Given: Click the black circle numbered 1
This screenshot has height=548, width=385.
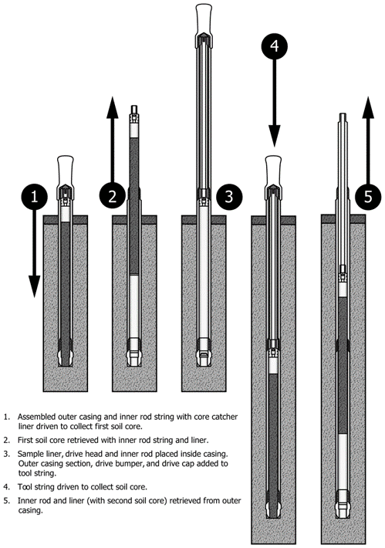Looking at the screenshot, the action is point(34,196).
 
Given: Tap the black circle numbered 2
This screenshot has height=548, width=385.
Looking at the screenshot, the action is point(112,196).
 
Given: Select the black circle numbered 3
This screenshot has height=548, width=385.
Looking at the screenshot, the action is point(229,196).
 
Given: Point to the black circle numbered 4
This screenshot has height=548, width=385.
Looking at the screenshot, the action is point(275,46).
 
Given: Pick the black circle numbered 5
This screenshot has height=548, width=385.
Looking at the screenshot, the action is point(368,197).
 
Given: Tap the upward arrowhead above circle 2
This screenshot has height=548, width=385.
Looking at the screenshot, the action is point(112,108).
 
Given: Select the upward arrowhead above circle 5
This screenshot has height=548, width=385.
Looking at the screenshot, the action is point(368,107).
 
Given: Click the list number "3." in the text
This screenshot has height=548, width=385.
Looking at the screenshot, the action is point(7,455).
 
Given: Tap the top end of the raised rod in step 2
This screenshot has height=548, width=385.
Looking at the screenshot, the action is point(134,106).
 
